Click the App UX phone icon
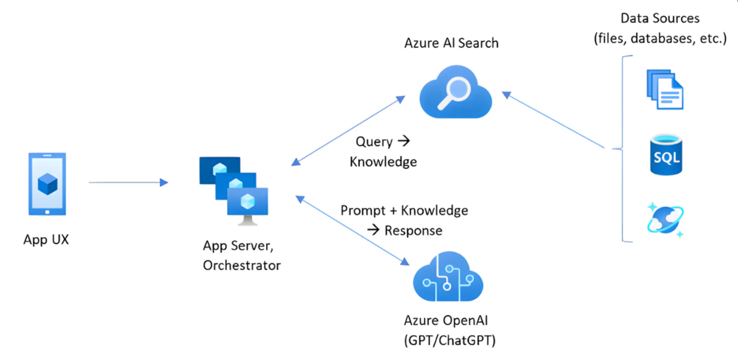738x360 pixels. [x=47, y=184]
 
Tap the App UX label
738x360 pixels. [x=46, y=239]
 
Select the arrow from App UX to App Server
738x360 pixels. [x=128, y=182]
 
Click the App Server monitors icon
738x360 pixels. [x=234, y=191]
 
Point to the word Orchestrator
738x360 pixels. [x=242, y=265]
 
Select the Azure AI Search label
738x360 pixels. [x=451, y=43]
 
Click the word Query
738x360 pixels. [x=374, y=142]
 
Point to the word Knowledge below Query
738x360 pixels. [x=383, y=161]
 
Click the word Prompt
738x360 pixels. [x=363, y=211]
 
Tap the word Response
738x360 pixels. [x=414, y=231]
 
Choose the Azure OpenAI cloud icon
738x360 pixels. [x=448, y=277]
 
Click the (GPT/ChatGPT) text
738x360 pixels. [x=450, y=340]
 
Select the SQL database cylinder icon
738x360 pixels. [x=666, y=154]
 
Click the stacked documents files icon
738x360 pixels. [x=665, y=89]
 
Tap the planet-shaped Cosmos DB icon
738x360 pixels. [x=665, y=220]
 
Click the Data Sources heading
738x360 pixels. [x=660, y=18]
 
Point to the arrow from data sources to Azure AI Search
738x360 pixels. [x=553, y=120]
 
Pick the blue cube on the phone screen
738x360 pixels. [x=48, y=184]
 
